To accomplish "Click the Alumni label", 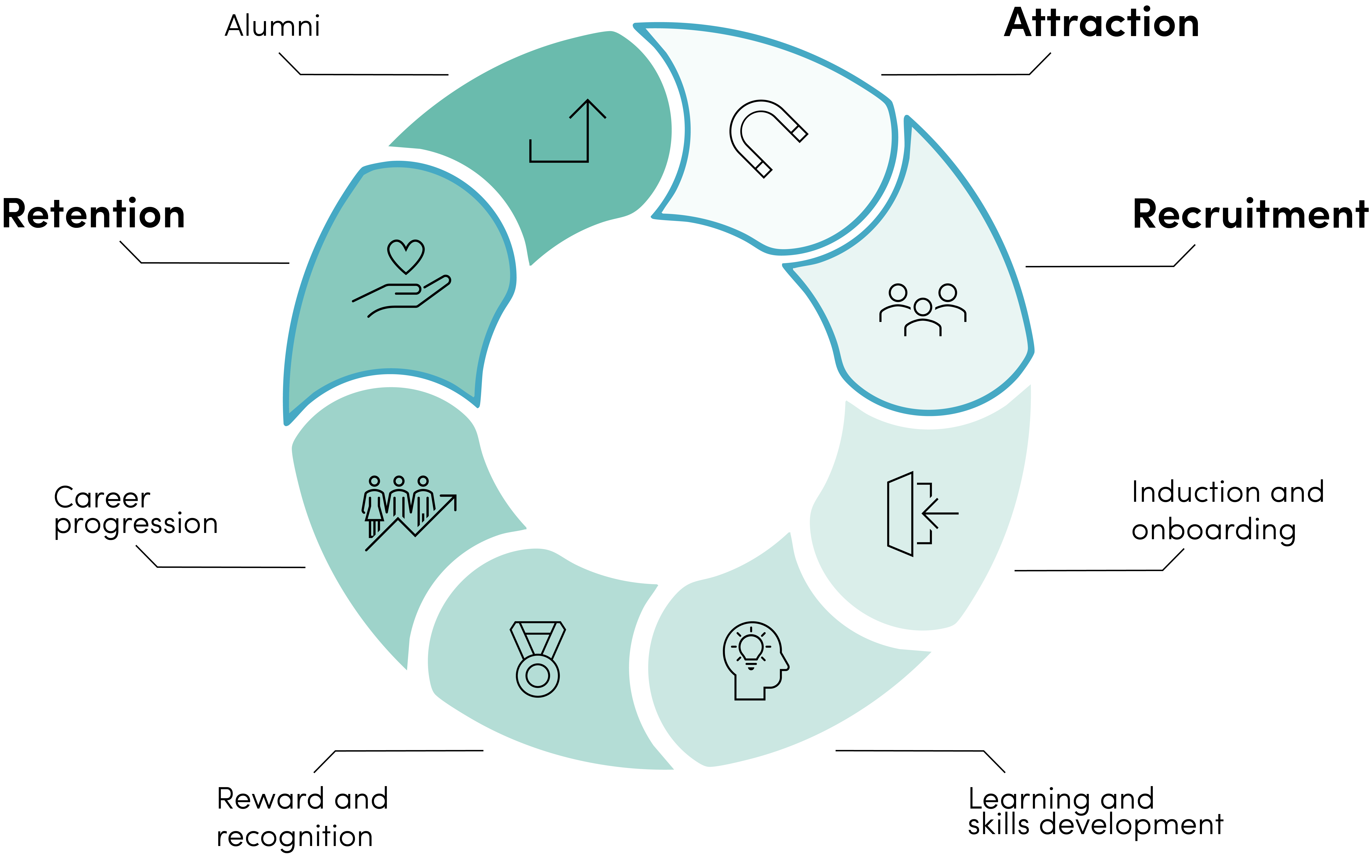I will pos(272,26).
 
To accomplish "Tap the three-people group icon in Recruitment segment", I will pos(923,310).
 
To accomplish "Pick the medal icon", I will pos(537,659).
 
